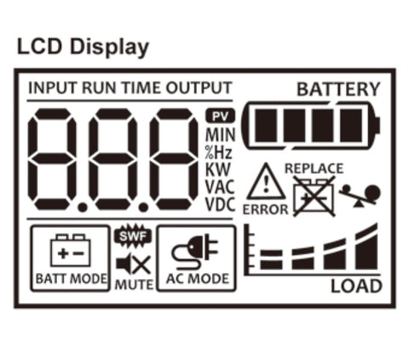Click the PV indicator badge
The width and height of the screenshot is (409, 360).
click(x=220, y=116)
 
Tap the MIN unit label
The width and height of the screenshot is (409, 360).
click(x=221, y=134)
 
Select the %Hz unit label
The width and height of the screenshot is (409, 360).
click(x=219, y=152)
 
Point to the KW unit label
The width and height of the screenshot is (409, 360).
click(x=217, y=169)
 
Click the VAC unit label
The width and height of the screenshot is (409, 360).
click(x=220, y=187)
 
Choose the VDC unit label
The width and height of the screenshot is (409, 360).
click(x=220, y=204)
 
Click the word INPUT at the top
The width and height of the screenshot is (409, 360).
click(x=53, y=88)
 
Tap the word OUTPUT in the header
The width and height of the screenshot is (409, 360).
click(x=199, y=88)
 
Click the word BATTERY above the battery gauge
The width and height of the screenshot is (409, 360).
click(x=338, y=89)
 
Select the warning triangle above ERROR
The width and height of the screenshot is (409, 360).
click(x=266, y=181)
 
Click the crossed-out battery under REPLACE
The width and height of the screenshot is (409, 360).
click(x=314, y=197)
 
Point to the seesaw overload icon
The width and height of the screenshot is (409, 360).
click(x=360, y=196)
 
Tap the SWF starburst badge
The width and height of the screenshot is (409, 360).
click(x=133, y=236)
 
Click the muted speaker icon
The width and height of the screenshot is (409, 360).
click(x=134, y=265)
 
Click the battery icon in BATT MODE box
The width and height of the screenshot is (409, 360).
click(x=71, y=250)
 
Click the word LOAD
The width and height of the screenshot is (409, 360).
click(x=356, y=286)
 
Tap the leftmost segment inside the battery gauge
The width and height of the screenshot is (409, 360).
click(x=266, y=125)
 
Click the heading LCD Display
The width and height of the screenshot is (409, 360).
click(x=83, y=47)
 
